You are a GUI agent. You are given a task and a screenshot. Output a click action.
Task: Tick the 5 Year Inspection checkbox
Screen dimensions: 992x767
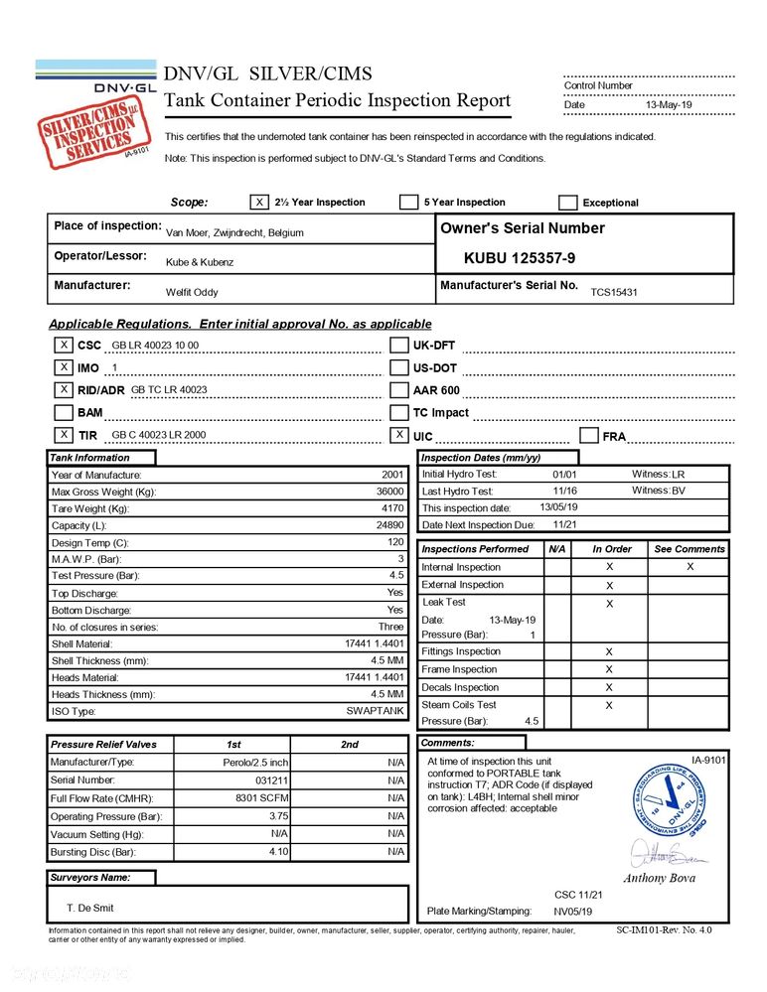408,203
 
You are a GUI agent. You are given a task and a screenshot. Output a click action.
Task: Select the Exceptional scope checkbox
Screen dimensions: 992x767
568,203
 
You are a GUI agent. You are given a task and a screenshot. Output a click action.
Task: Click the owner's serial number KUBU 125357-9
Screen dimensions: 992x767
520,258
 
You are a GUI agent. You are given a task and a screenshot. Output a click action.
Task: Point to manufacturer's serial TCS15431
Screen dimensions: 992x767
614,292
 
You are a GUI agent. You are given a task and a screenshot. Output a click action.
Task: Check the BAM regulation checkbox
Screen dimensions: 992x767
63,412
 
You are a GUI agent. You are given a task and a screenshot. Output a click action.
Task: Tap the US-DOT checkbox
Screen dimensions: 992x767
399,367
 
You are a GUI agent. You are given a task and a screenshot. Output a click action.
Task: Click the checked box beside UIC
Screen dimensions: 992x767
399,435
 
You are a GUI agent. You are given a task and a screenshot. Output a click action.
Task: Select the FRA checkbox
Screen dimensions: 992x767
588,435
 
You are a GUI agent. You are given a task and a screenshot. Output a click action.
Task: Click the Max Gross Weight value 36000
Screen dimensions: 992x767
389,492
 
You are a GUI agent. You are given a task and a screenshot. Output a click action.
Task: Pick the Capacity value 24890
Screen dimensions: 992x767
389,525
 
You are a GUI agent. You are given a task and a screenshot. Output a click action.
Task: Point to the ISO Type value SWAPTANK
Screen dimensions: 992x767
375,711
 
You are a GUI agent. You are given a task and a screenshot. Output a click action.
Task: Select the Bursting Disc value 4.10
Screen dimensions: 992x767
278,852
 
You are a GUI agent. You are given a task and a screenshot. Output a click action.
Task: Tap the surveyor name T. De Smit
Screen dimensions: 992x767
90,908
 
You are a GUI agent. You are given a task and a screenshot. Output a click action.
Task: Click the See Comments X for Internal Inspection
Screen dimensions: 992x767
690,566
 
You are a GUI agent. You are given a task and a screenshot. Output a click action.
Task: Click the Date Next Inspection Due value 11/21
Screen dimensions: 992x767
565,524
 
